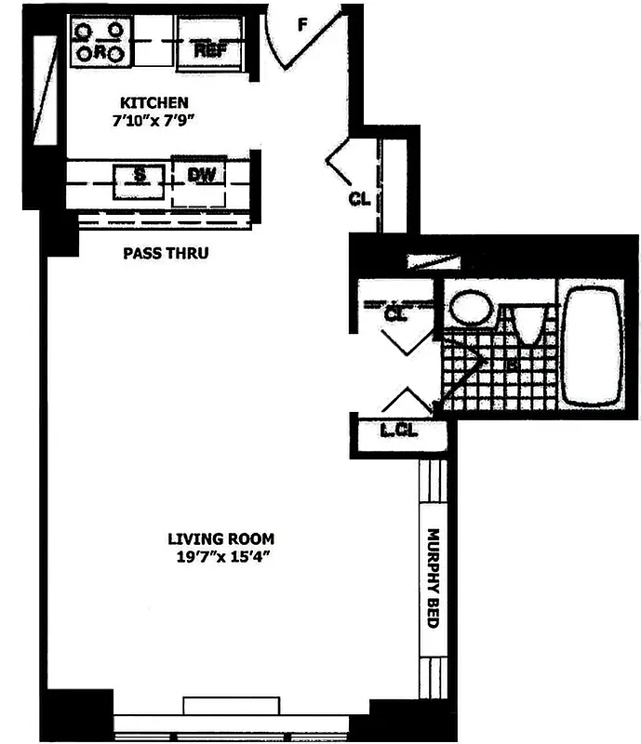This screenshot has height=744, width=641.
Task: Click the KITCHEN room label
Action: tap(154, 102)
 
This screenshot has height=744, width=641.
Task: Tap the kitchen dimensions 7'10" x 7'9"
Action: tap(154, 119)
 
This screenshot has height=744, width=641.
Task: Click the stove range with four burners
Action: tap(100, 43)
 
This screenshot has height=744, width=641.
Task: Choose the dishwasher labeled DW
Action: tap(199, 176)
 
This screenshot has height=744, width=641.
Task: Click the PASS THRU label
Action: tap(166, 253)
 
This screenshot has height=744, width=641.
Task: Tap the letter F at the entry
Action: tap(302, 25)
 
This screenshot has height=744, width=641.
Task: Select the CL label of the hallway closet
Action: tap(360, 198)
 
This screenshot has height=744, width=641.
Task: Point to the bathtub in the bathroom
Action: tap(593, 345)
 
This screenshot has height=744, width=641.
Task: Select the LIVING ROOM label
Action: tap(220, 538)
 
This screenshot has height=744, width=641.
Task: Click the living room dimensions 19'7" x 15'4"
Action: tap(220, 557)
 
